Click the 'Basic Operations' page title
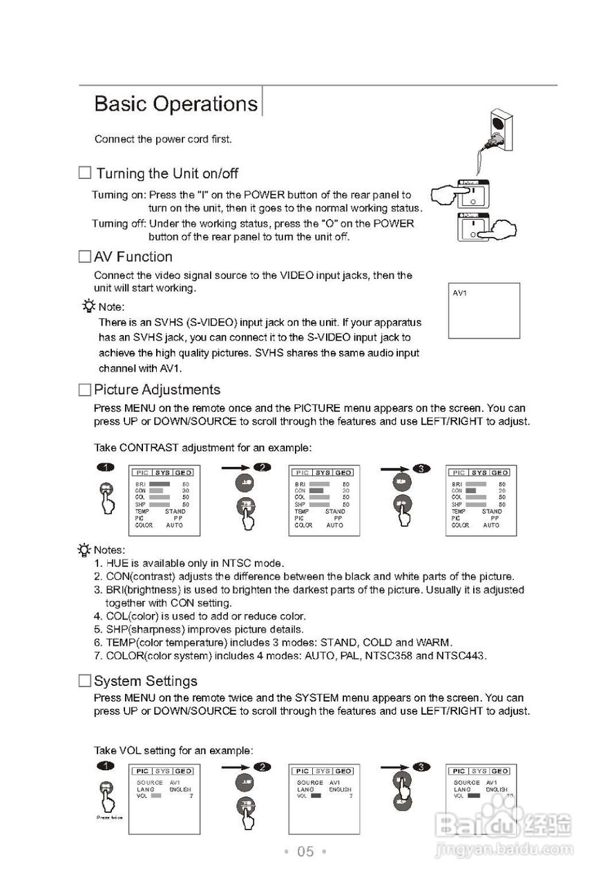pos(175,104)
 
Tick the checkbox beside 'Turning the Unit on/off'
pos(85,173)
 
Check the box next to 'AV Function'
pos(84,257)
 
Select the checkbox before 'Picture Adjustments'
pos(84,390)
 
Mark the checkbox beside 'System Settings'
pos(84,681)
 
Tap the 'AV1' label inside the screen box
pos(460,294)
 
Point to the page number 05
pos(305,852)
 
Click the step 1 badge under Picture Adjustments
pos(104,468)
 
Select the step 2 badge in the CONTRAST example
pos(262,468)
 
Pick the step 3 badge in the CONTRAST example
pos(421,469)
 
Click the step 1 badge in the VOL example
pos(104,766)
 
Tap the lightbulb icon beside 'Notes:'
pos(84,550)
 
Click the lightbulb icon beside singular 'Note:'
pos(88,306)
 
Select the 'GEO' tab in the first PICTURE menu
pos(183,472)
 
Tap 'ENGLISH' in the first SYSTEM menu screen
pos(180,789)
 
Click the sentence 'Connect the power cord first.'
pos(163,140)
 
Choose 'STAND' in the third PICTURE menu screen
pos(492,512)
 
